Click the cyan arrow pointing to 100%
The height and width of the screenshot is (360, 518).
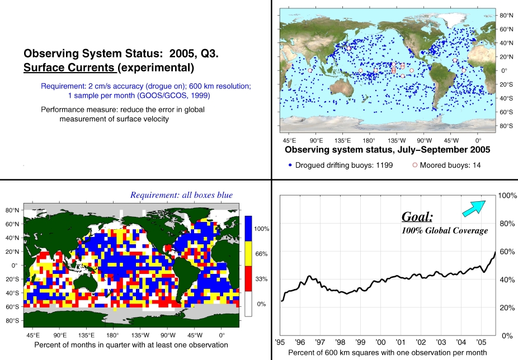click(474, 209)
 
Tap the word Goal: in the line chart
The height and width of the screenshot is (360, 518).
click(417, 217)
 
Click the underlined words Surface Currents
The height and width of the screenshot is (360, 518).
click(69, 68)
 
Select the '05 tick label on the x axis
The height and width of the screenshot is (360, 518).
click(481, 342)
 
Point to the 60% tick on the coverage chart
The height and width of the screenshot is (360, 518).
click(507, 252)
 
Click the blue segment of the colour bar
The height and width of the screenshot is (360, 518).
click(248, 229)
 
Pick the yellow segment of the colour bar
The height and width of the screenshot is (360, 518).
click(248, 254)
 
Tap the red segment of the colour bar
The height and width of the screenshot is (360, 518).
click(248, 279)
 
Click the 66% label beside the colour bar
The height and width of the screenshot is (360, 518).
click(261, 254)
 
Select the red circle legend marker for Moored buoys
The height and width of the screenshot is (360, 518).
click(415, 165)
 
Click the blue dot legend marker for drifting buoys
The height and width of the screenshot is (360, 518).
click(290, 165)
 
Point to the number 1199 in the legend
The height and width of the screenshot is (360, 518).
click(384, 165)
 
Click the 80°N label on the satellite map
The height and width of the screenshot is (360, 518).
click(506, 16)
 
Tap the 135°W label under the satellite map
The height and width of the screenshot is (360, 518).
click(397, 140)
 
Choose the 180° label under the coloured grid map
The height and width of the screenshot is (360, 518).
click(112, 335)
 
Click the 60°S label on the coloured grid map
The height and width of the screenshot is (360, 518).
click(12, 307)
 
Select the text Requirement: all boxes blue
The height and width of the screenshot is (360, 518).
click(181, 195)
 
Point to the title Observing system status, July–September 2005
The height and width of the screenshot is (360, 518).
click(388, 150)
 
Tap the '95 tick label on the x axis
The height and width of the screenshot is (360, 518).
click(280, 342)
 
